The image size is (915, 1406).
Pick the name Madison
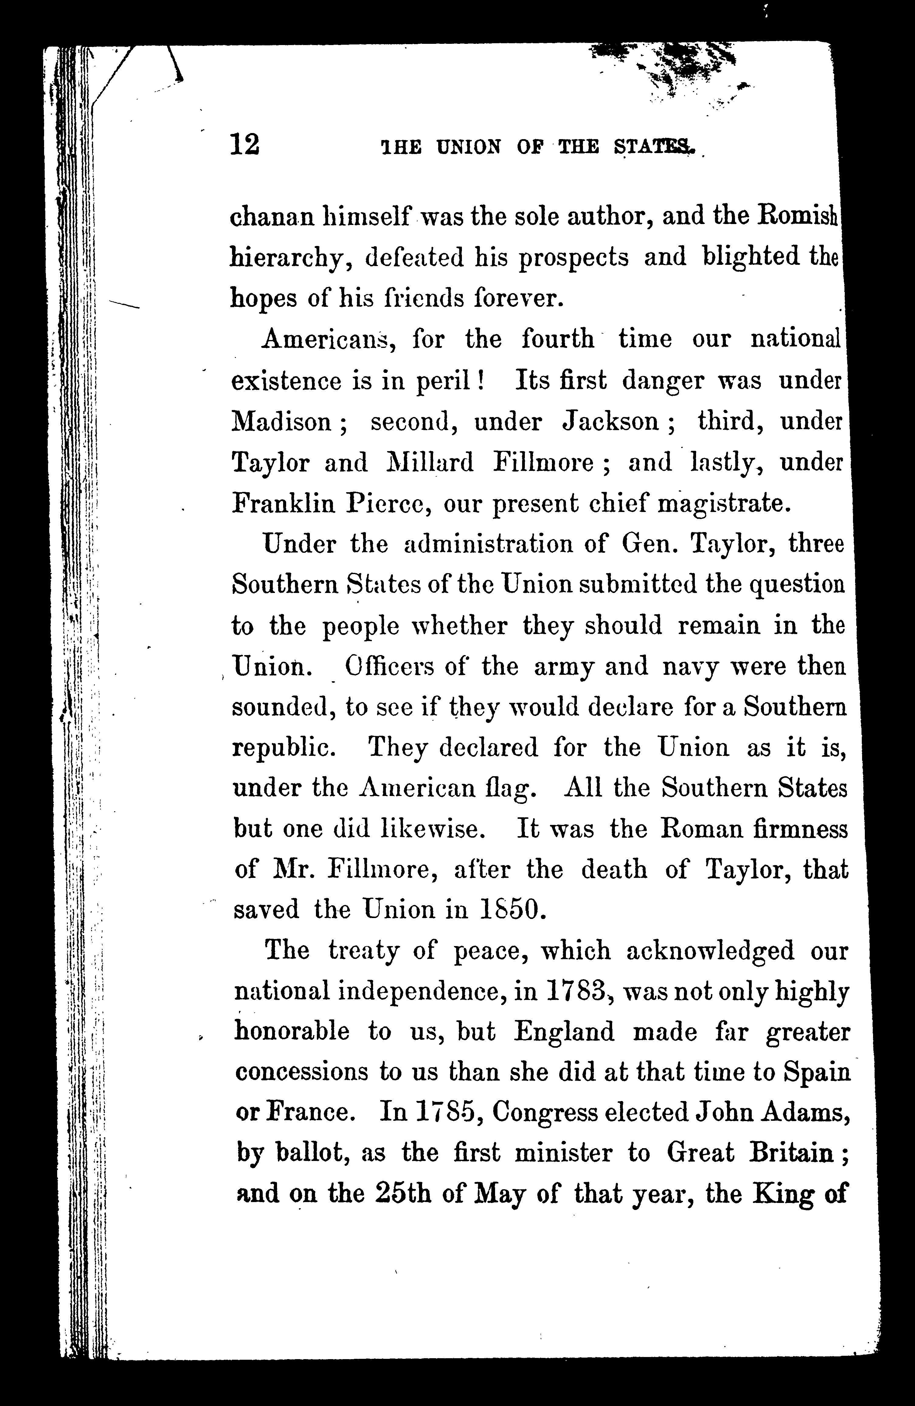(282, 422)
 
